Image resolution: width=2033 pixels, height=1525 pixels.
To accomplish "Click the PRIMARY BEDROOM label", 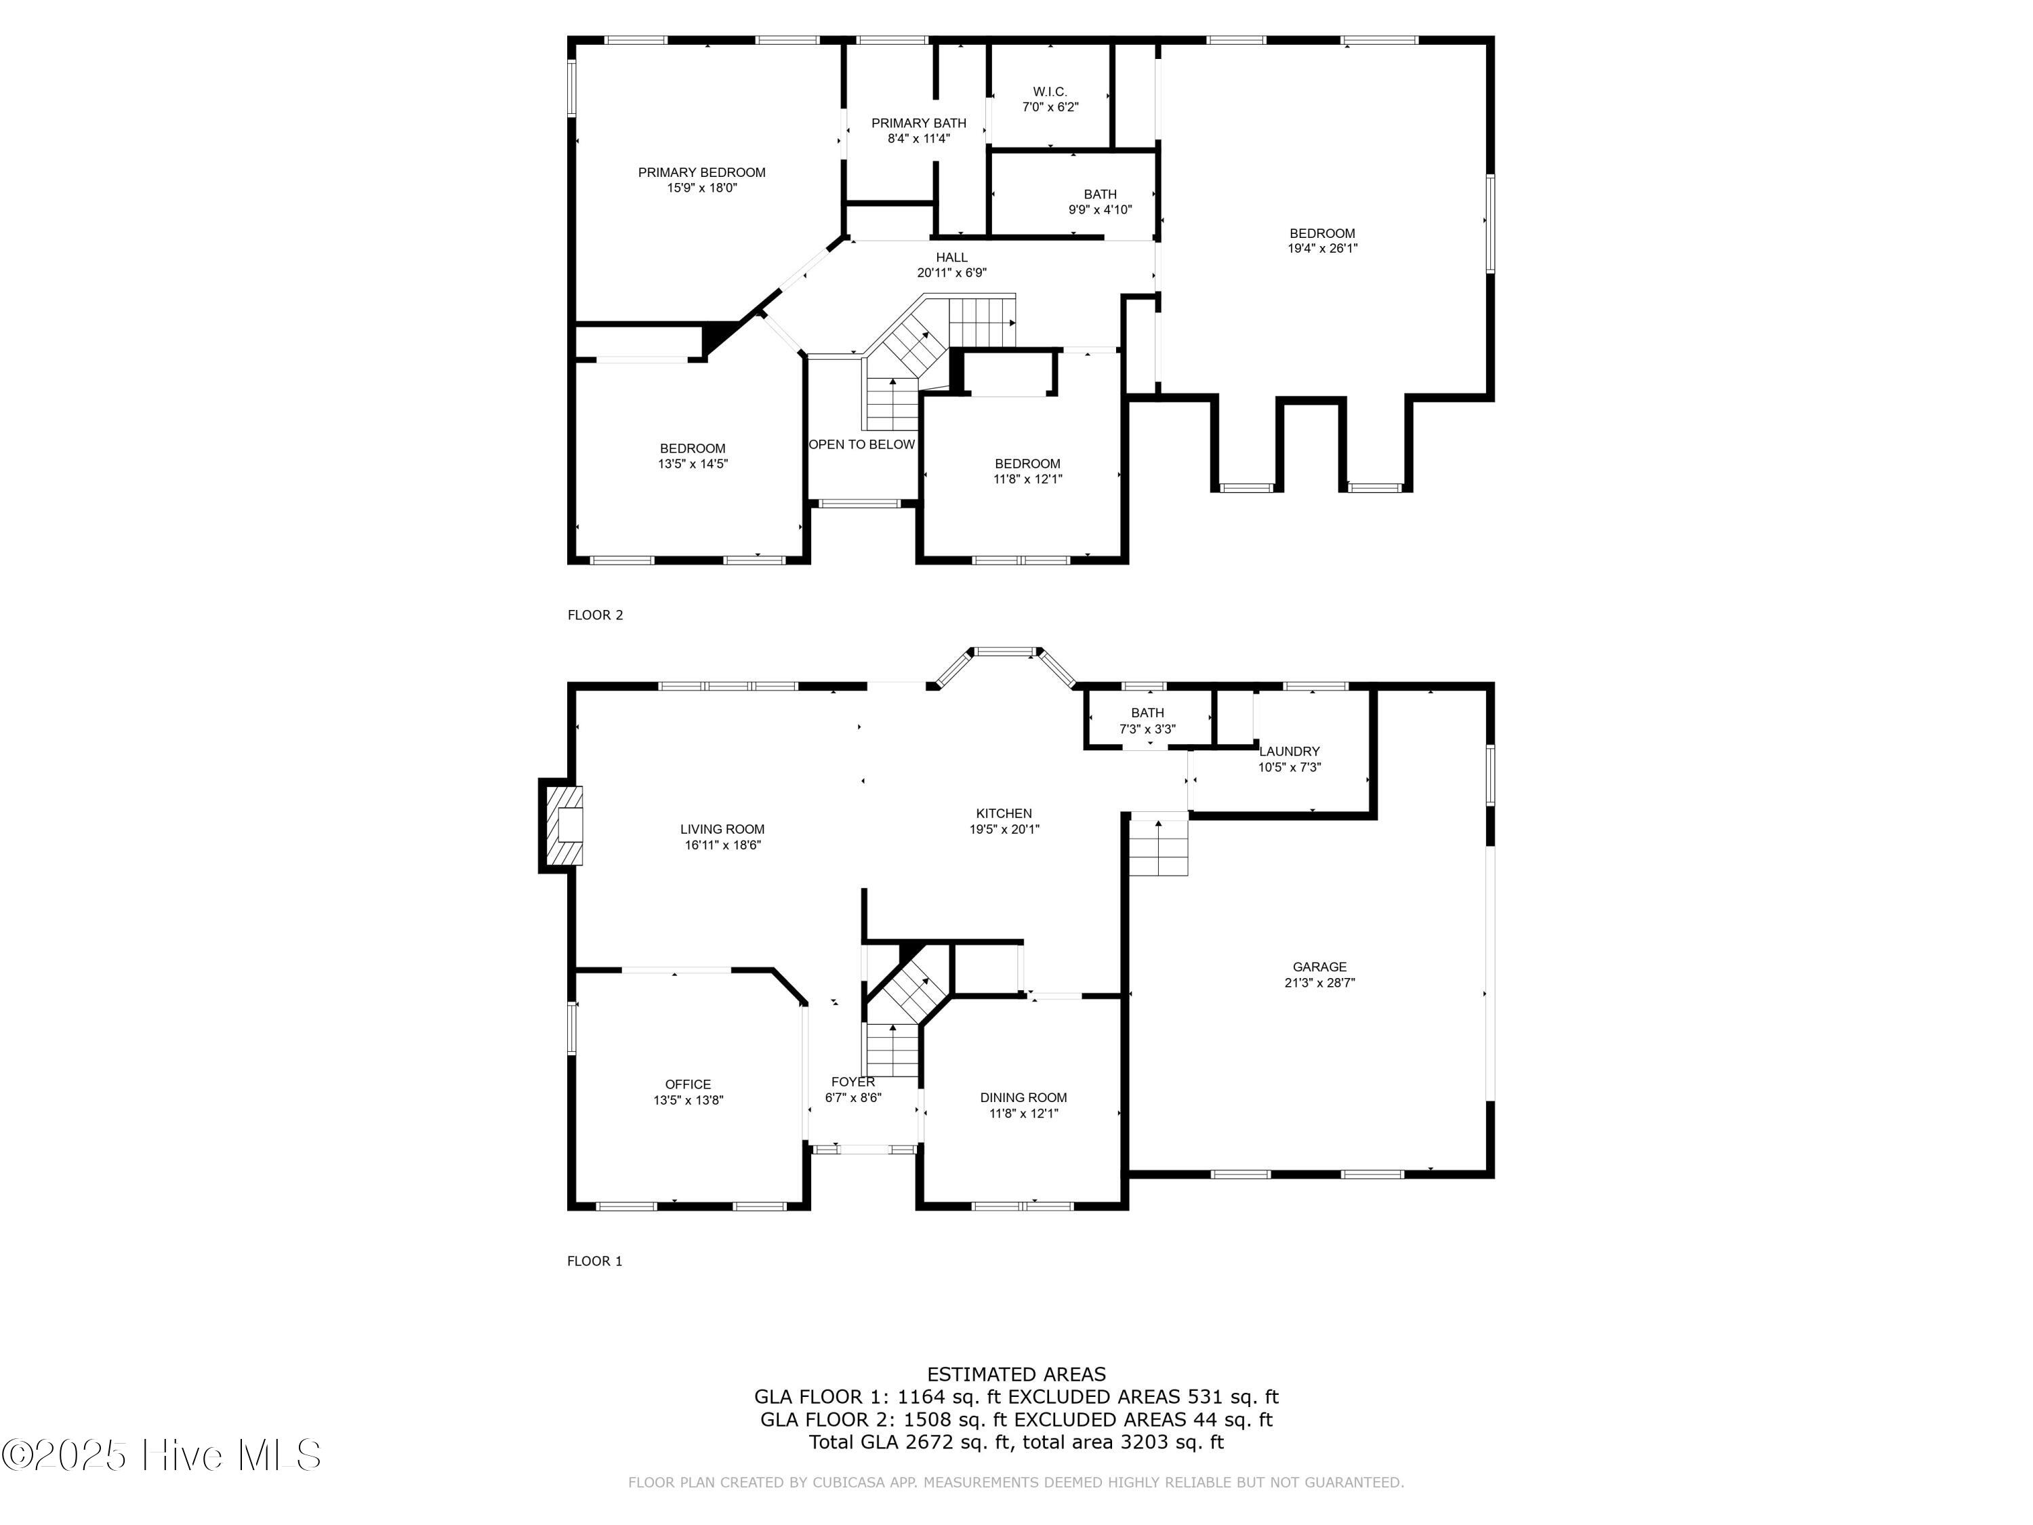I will coord(701,172).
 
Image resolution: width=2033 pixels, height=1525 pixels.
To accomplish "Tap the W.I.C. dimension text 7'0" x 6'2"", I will coord(1050,106).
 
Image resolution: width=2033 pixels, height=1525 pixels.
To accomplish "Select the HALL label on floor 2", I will coord(951,258).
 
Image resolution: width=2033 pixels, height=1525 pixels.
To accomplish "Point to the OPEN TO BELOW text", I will coord(861,445).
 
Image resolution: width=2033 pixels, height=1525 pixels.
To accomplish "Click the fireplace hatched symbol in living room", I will coord(565,826).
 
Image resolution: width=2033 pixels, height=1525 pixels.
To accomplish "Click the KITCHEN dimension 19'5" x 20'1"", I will coord(1004,829).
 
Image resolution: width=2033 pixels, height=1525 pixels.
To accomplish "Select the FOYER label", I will coord(853,1081).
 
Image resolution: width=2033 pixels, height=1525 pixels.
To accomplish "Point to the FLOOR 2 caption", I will coord(594,615).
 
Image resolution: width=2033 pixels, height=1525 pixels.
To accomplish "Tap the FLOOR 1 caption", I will coord(594,1261).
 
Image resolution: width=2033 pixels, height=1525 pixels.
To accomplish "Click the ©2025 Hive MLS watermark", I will coord(161,1455).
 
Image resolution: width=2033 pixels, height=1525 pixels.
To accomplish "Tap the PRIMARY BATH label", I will coord(918,123).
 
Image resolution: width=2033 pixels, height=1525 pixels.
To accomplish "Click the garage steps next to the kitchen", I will coord(1158,847).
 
